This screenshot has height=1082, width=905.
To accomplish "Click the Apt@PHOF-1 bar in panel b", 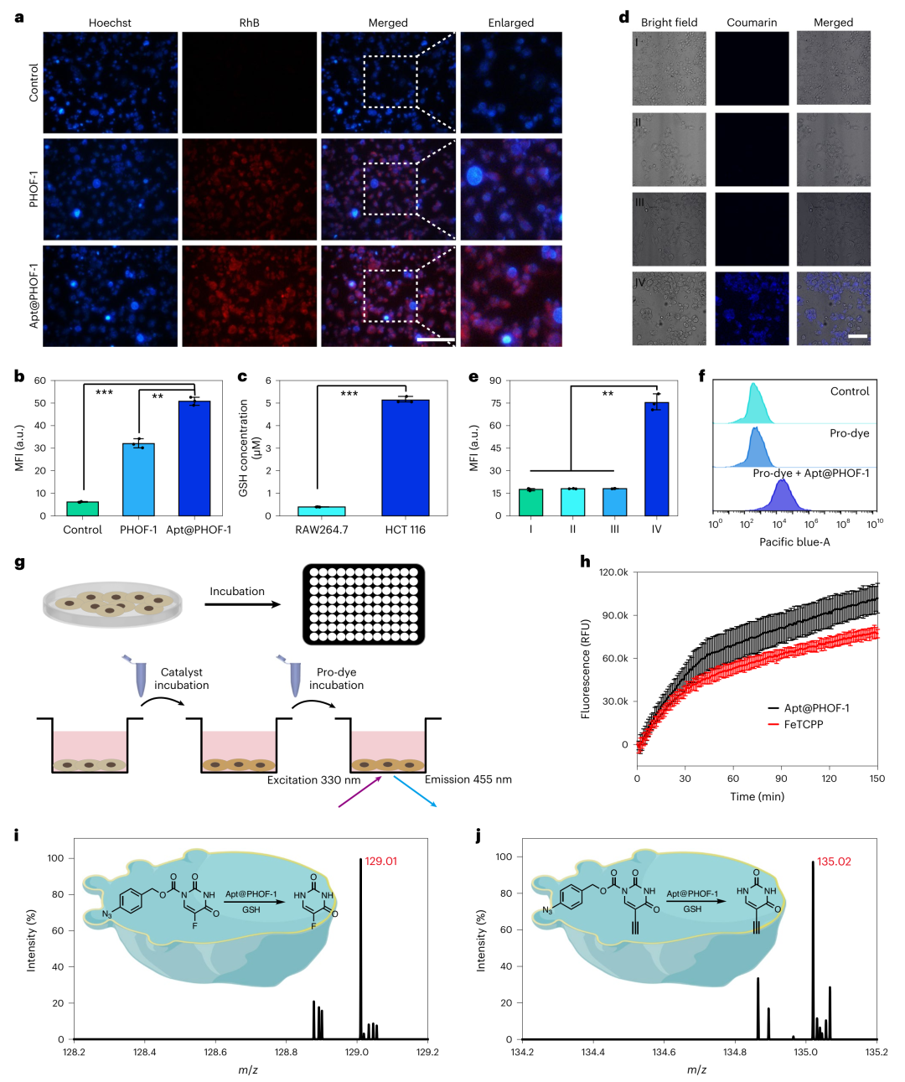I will [194, 458].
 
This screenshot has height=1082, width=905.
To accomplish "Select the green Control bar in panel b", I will [83, 509].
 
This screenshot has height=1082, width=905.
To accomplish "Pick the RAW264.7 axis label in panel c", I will [322, 530].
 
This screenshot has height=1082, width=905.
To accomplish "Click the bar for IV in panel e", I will [656, 459].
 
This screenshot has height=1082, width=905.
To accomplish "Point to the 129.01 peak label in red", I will [381, 862].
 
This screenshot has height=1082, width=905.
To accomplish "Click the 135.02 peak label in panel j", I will [834, 862].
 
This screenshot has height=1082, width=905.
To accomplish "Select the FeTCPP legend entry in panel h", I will [804, 724].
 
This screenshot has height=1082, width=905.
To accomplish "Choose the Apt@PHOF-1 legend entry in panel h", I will [816, 708].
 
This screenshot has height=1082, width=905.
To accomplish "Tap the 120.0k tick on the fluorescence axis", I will [613, 572].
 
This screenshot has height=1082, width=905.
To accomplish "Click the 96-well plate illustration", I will [364, 604].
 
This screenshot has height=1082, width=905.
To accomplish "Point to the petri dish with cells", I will [112, 603].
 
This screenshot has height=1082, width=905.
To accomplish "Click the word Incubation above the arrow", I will [237, 592].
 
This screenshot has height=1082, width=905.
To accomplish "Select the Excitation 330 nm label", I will [313, 780].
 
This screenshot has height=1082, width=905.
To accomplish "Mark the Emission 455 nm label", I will [468, 779].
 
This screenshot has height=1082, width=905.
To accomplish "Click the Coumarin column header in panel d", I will [752, 23].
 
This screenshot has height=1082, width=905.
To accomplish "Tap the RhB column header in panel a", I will [249, 23].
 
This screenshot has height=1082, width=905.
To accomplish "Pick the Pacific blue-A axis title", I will [794, 542].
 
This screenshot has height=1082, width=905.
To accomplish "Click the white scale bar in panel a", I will [436, 340].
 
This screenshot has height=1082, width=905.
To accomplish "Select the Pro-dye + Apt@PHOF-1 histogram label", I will [810, 474].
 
